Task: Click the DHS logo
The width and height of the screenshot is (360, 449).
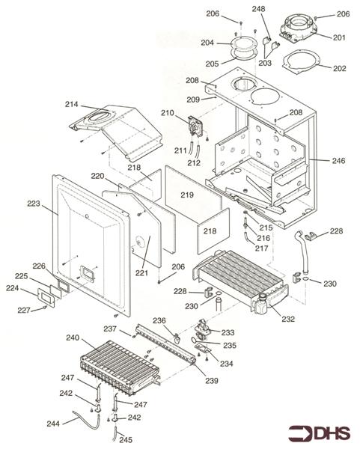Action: click(319, 433)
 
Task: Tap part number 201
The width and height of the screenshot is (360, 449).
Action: click(339, 37)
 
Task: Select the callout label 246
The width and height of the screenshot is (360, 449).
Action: click(338, 161)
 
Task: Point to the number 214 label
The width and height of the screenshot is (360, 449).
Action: click(71, 104)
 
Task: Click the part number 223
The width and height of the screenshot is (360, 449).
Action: click(34, 204)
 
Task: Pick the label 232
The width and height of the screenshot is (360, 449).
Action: click(288, 319)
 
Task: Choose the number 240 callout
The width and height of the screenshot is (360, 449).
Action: click(73, 338)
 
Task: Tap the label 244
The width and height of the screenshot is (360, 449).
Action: click(53, 424)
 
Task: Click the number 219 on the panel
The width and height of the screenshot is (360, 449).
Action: click(187, 195)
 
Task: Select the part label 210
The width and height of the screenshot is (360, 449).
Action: click(167, 113)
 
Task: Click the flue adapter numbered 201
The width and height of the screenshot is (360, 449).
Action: click(299, 28)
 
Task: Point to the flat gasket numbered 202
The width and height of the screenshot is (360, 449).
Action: click(302, 62)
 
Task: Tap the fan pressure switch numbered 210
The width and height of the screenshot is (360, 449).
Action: click(195, 127)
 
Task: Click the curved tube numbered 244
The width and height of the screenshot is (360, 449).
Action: click(86, 419)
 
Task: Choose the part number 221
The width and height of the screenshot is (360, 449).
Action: click(141, 273)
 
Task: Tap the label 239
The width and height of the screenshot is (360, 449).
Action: click(212, 381)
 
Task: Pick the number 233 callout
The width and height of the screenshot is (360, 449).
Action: click(228, 332)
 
